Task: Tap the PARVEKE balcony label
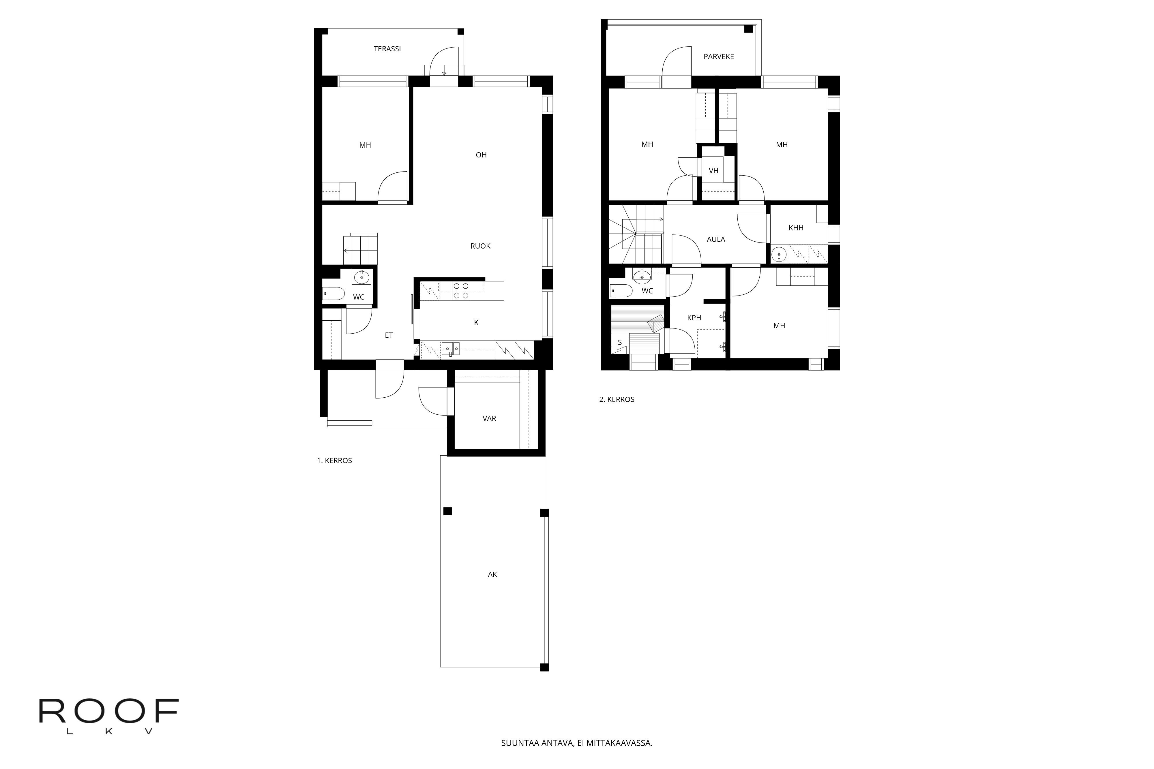[x=718, y=57]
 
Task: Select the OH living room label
[x=481, y=155]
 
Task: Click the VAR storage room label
[x=489, y=418]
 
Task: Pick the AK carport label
[x=492, y=574]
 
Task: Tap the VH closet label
[x=713, y=171]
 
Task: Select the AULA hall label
[x=715, y=239]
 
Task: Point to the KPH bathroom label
[x=694, y=318]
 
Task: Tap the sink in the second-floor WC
[x=641, y=276]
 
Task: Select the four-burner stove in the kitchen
[x=461, y=290]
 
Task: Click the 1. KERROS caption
[x=334, y=460]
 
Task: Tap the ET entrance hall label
[x=389, y=335]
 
